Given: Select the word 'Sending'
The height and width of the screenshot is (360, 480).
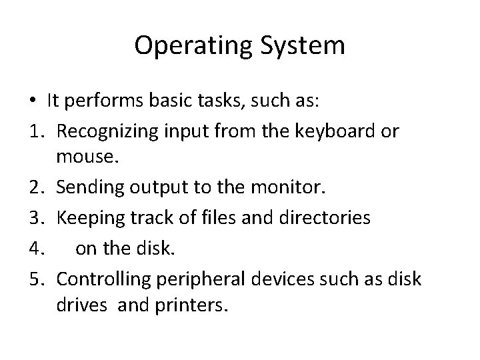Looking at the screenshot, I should [x=85, y=189].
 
